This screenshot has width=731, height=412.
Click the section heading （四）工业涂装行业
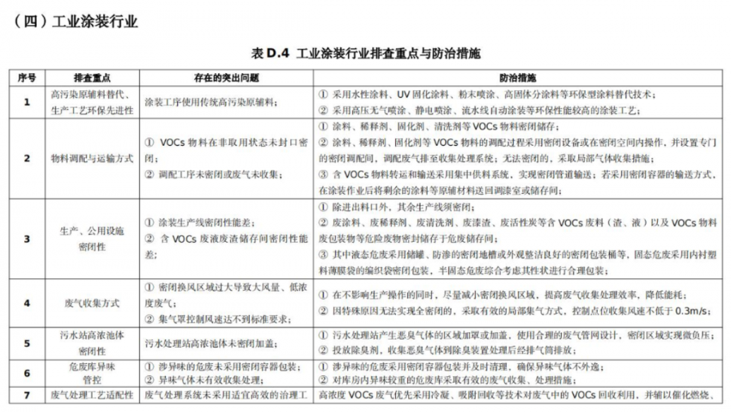click(75, 22)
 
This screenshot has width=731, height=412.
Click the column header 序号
click(27, 78)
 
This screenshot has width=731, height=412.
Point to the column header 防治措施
click(518, 78)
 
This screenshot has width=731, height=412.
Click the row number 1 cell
click(27, 102)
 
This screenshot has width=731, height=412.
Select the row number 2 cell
click(27, 159)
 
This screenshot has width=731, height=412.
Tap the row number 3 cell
click(27, 238)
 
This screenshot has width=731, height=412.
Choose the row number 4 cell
click(27, 303)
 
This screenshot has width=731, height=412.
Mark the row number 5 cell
click(27, 343)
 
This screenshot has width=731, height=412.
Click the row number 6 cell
click(27, 373)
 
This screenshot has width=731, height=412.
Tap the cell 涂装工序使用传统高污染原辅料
click(211, 102)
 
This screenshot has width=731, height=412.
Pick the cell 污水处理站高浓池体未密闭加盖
click(211, 343)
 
